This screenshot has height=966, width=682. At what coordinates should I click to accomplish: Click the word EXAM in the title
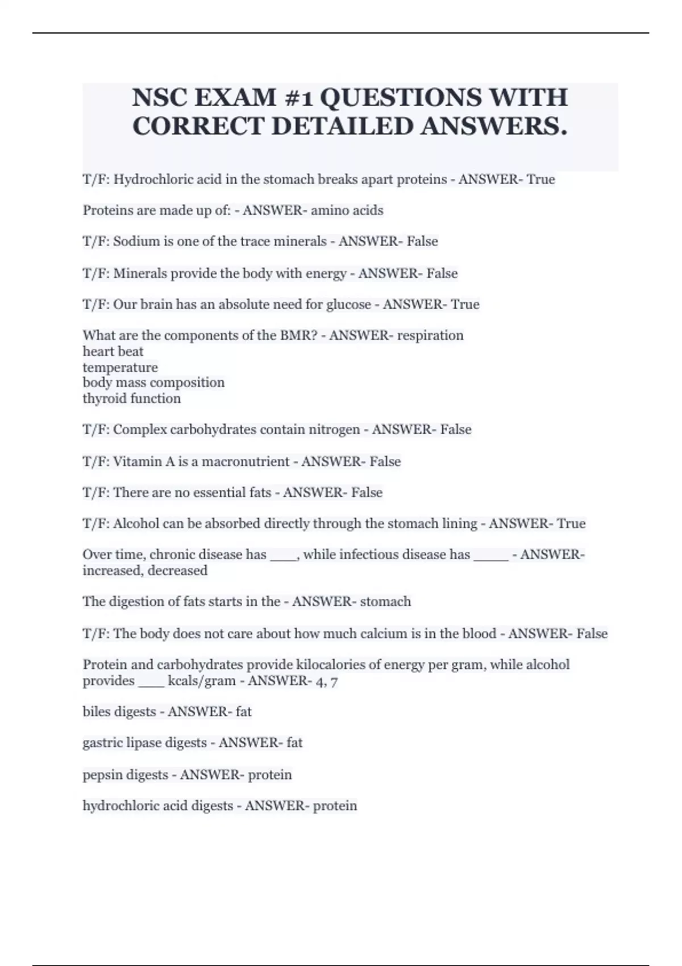pos(235,98)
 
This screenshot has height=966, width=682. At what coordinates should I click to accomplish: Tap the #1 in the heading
pos(299,98)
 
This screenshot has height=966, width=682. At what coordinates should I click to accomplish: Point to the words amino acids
pos(347,210)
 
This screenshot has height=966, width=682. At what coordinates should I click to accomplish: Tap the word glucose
pos(348,305)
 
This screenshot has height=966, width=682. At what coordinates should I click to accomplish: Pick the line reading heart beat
pos(113,351)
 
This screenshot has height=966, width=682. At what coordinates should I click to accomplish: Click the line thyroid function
pos(131,398)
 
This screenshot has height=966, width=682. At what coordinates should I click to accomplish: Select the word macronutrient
pos(246,461)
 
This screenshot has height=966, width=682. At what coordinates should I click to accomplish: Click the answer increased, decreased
pos(145,571)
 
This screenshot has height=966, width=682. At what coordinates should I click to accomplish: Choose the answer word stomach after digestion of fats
pos(385,602)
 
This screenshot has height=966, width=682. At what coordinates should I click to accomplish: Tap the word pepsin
pos(102,775)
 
